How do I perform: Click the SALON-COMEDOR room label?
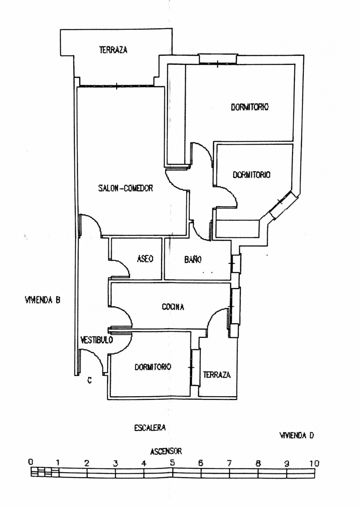126,188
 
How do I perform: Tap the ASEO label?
145,259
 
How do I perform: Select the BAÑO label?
193,260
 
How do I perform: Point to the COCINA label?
173,307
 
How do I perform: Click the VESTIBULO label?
96,340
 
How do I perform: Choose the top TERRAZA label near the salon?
113,50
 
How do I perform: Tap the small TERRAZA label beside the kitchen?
216,375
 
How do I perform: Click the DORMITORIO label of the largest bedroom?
250,107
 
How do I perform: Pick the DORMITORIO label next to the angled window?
252,175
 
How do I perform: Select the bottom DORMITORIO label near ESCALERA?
153,367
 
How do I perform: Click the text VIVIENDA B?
43,300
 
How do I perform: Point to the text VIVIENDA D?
297,435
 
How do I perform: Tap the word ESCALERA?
150,428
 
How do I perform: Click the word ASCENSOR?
166,451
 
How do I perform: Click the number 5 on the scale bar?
172,463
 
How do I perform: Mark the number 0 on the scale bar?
30,462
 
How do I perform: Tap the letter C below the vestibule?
90,381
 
